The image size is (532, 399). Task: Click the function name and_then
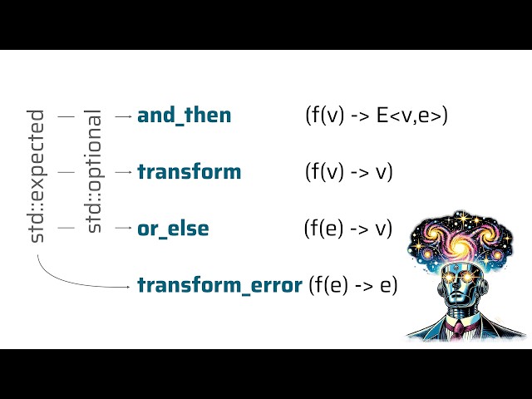(184, 116)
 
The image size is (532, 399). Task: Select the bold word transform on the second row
(189, 172)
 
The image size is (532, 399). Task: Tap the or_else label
(173, 228)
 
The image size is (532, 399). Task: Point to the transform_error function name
(219, 285)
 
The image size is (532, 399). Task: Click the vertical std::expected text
(37, 176)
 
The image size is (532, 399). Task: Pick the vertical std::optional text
(94, 171)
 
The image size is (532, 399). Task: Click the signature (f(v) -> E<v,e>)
(377, 116)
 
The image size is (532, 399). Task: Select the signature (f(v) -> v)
(349, 172)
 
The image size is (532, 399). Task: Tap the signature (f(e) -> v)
(348, 228)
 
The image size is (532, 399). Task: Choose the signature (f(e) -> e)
(353, 285)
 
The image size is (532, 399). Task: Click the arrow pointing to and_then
(123, 117)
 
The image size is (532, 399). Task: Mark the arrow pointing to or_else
(123, 227)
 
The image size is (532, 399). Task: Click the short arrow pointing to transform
(123, 172)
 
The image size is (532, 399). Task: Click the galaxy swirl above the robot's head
(462, 245)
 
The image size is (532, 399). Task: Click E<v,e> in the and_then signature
(412, 116)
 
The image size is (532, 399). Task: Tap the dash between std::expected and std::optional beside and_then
(66, 117)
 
